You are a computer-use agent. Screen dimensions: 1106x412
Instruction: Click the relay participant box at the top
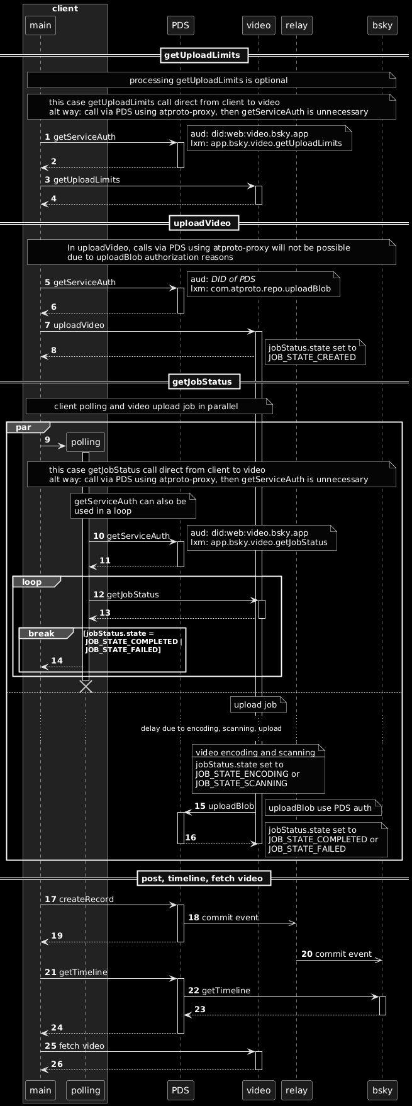tap(296, 25)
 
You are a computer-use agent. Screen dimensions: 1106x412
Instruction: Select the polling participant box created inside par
tap(86, 443)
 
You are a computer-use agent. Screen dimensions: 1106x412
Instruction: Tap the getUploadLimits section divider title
tap(202, 55)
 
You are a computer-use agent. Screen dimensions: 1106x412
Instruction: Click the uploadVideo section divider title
tap(202, 223)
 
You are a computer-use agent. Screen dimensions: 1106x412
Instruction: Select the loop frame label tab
tap(32, 582)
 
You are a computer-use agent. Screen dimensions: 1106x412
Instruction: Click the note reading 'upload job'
tap(256, 705)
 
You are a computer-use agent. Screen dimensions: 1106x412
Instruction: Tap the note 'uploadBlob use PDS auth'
tap(320, 808)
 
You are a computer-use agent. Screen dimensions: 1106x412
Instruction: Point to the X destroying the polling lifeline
tap(86, 687)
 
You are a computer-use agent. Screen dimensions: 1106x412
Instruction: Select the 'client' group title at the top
tap(65, 8)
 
